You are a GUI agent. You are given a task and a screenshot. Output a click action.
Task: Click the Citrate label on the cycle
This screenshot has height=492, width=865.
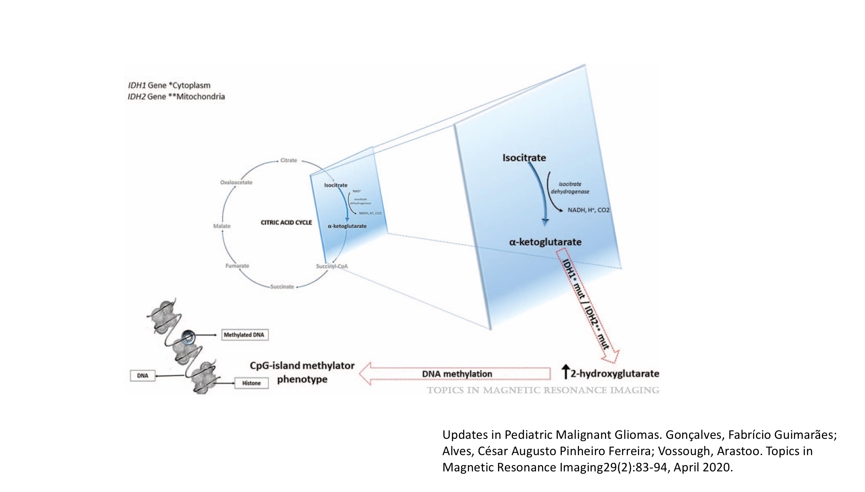click(x=288, y=160)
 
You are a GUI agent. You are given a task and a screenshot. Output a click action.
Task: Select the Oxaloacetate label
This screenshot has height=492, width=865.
click(x=236, y=182)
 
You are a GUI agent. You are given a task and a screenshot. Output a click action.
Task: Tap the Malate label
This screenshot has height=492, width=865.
click(x=221, y=226)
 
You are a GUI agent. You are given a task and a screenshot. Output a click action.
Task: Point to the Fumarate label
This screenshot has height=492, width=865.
click(x=237, y=266)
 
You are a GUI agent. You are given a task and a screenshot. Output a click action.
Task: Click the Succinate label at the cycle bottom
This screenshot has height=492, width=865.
click(x=282, y=287)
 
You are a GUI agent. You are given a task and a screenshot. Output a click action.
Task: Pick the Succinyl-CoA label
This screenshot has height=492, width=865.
click(x=332, y=266)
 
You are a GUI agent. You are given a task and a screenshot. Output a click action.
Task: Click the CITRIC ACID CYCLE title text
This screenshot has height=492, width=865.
click(x=286, y=222)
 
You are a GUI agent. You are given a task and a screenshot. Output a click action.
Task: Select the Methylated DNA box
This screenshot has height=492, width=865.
click(x=244, y=335)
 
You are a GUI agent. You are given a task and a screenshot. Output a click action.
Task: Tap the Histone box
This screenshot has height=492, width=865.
click(x=252, y=383)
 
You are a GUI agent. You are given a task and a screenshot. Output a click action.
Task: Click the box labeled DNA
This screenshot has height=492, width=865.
click(x=143, y=376)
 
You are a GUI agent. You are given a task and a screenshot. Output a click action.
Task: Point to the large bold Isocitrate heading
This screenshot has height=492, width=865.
click(x=524, y=158)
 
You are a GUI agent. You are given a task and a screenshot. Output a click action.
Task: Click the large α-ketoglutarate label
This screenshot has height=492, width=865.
click(x=545, y=242)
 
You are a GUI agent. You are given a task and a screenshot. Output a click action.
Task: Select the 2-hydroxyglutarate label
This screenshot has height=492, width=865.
click(x=615, y=374)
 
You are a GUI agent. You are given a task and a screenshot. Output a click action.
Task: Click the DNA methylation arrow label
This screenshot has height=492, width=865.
click(x=457, y=374)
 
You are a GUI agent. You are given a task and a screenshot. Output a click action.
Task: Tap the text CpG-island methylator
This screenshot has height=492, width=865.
click(x=302, y=366)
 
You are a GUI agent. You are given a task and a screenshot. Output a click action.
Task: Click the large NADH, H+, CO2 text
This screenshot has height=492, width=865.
click(x=588, y=210)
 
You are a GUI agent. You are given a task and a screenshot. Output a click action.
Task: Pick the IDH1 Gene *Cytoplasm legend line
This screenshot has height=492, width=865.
click(x=169, y=85)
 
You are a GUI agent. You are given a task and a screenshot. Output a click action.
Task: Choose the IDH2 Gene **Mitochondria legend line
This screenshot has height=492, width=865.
click(x=176, y=97)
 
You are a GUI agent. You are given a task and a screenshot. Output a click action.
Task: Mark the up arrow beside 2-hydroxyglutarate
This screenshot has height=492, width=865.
click(x=565, y=372)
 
